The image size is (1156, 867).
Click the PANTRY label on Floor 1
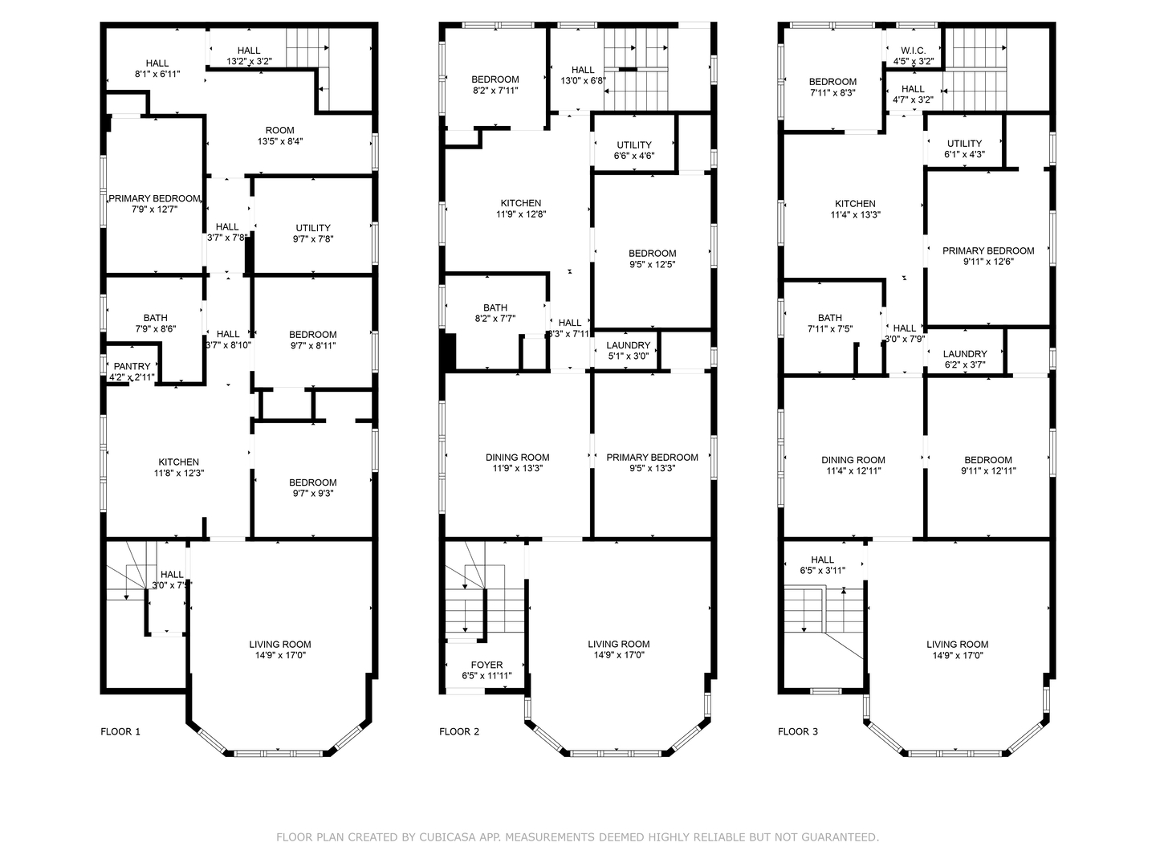[132, 367]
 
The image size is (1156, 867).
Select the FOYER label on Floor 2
[486, 666]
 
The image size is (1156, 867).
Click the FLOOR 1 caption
[120, 731]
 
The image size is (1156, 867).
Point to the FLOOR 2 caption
[459, 731]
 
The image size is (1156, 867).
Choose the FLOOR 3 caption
[798, 731]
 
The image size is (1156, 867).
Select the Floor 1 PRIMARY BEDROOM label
[154, 199]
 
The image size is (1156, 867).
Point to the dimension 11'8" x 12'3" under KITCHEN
[179, 474]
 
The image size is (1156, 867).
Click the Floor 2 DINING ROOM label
[518, 458]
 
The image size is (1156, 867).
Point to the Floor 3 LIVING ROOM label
[957, 645]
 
